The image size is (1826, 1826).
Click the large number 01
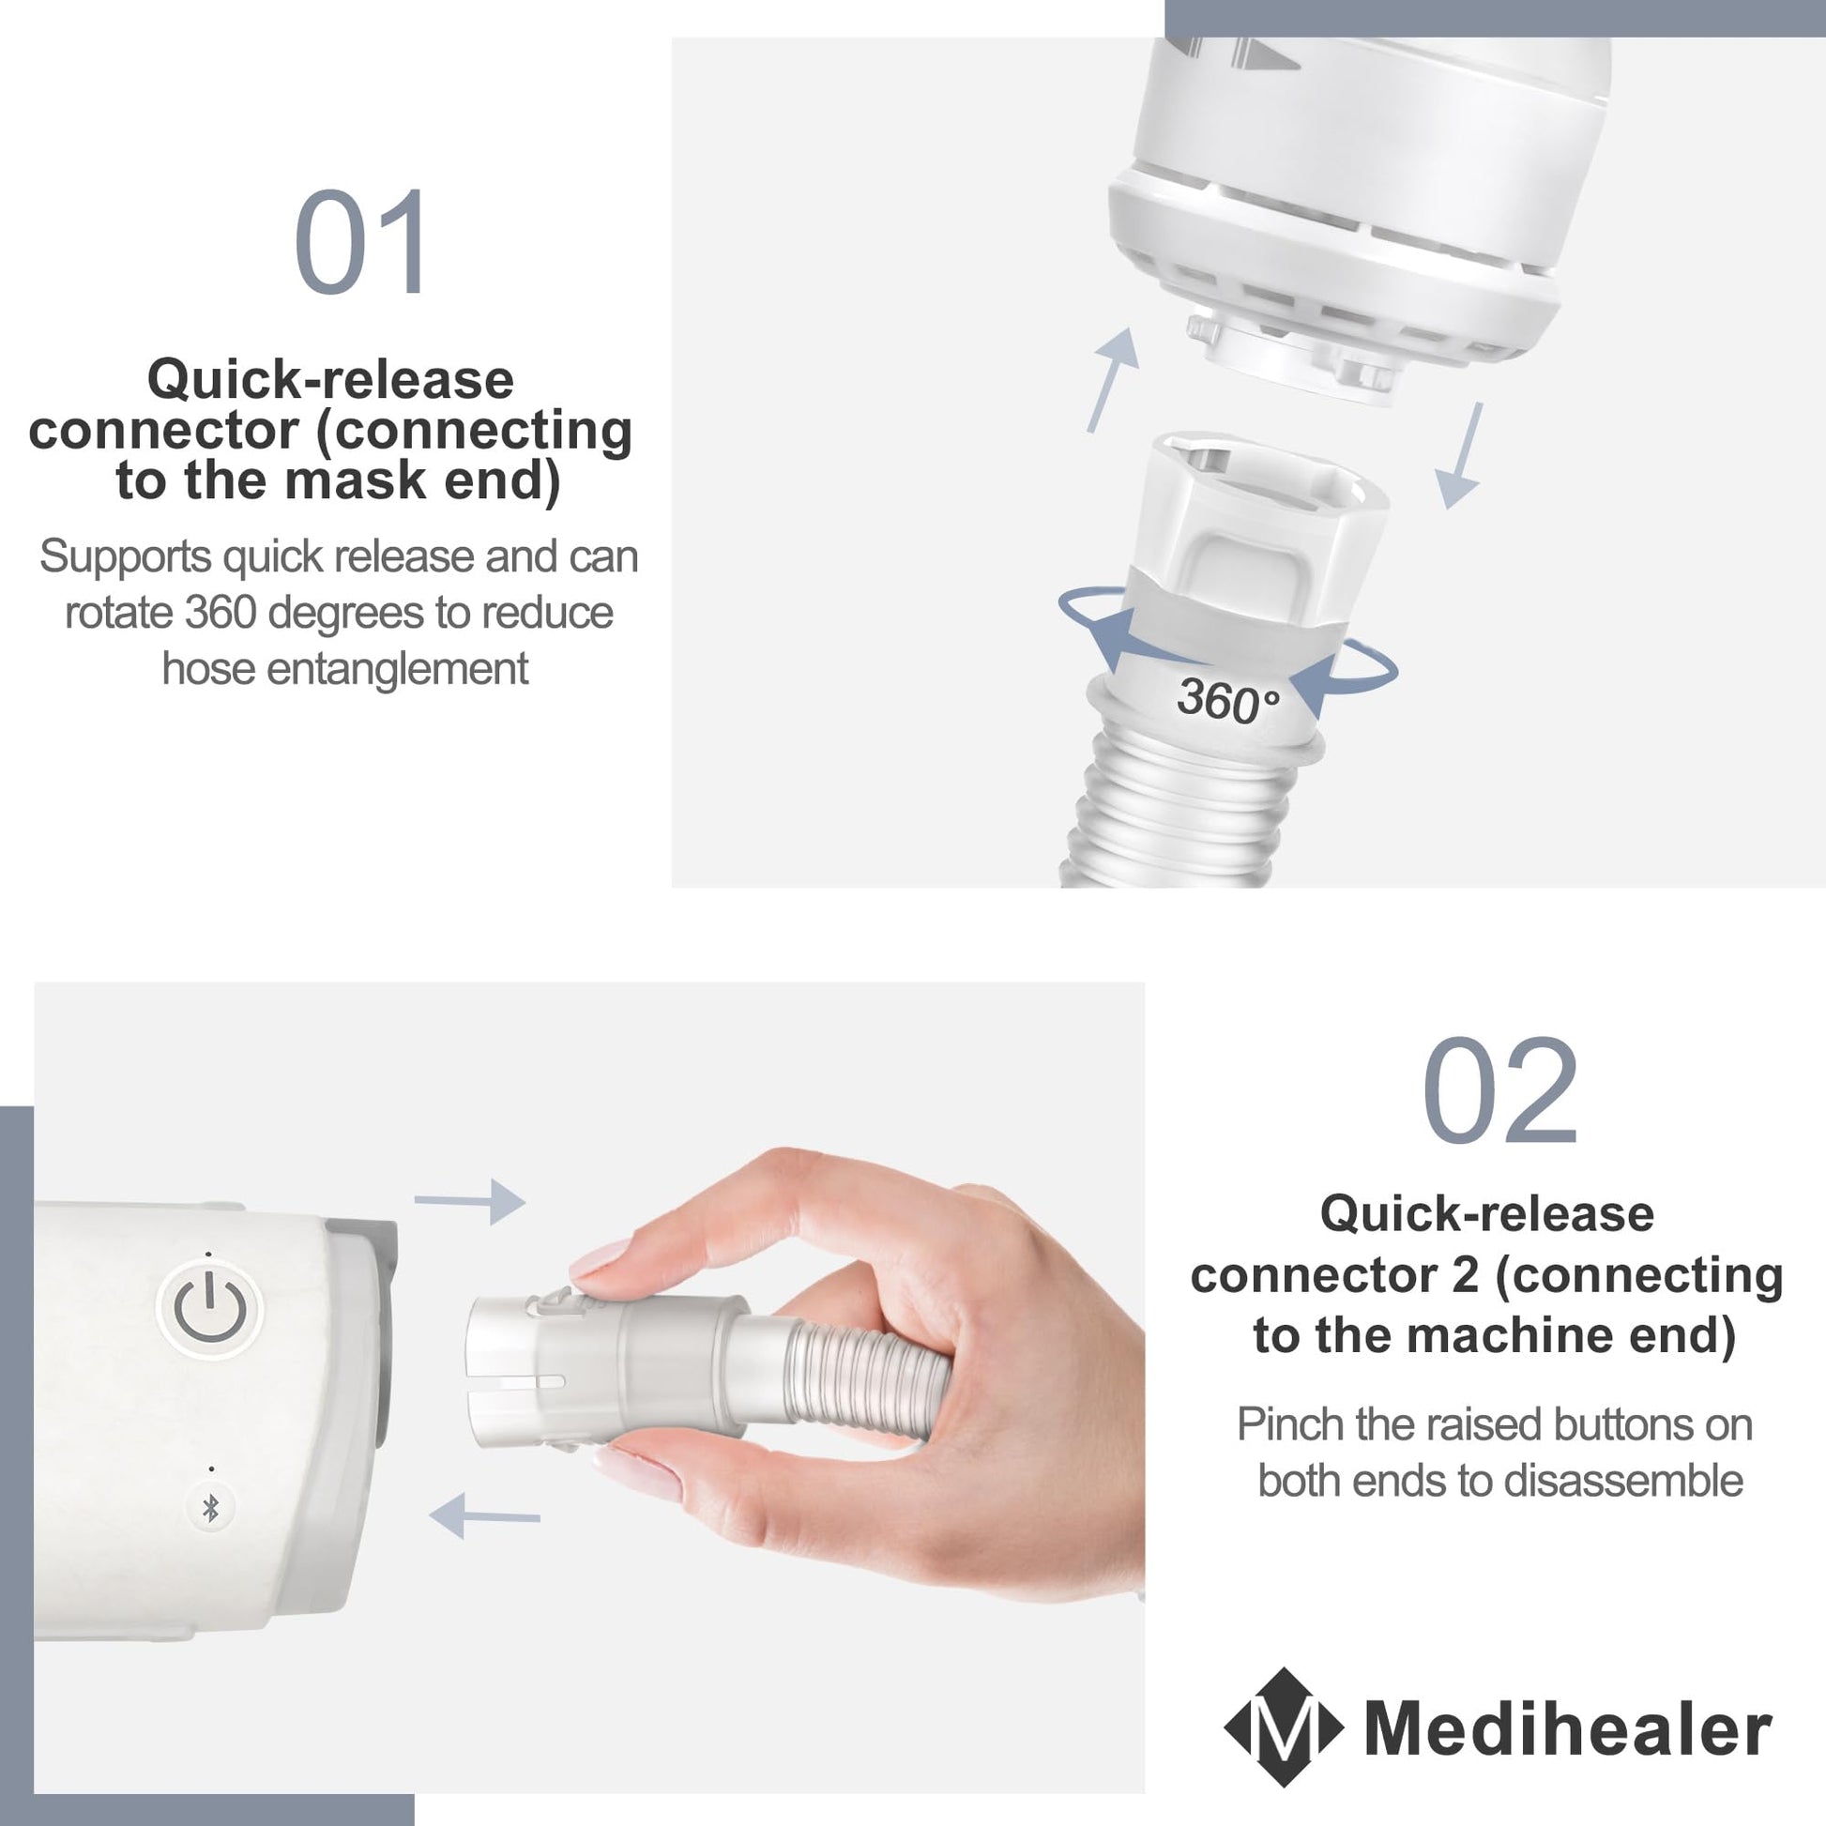tap(360, 242)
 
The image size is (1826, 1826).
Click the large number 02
tap(1499, 1090)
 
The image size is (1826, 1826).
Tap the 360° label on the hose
tap(1227, 700)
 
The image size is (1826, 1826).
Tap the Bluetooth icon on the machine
tap(211, 1509)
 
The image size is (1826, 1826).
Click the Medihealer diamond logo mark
tap(1284, 1727)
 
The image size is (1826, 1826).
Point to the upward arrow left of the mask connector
tap(1113, 380)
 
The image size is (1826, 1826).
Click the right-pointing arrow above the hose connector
tap(470, 1202)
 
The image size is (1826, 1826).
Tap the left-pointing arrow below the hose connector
tap(484, 1517)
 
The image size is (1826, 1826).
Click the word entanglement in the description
tap(397, 670)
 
